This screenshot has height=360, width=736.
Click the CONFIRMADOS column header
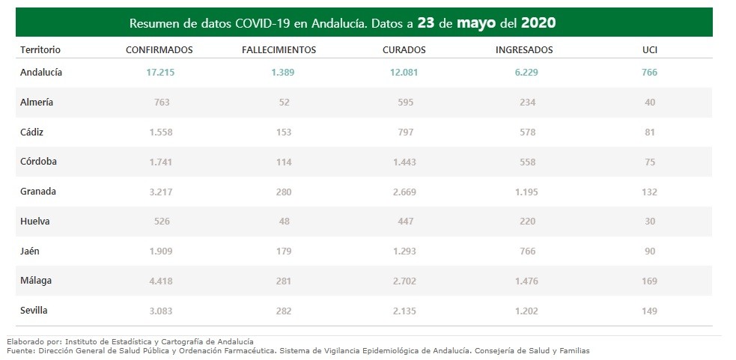tap(159, 49)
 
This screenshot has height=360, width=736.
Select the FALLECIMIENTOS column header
tap(279, 49)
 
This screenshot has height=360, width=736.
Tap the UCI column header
tap(649, 49)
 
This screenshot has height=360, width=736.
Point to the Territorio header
tap(40, 49)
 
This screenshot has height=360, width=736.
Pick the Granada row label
tap(39, 191)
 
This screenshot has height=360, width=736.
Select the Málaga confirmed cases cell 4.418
tap(162, 281)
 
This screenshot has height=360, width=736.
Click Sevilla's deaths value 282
tap(284, 310)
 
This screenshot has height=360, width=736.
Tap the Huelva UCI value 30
tap(649, 221)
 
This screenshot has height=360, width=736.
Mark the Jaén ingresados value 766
tap(527, 251)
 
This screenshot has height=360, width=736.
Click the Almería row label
tap(37, 102)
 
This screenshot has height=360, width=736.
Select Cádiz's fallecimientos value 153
tap(284, 132)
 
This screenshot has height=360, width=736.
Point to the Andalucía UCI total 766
tap(649, 73)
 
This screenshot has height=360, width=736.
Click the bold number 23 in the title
tap(426, 23)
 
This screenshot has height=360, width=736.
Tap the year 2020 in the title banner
tap(538, 23)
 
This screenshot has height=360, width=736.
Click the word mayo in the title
tap(477, 23)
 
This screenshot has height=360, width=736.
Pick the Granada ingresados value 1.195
tap(527, 191)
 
